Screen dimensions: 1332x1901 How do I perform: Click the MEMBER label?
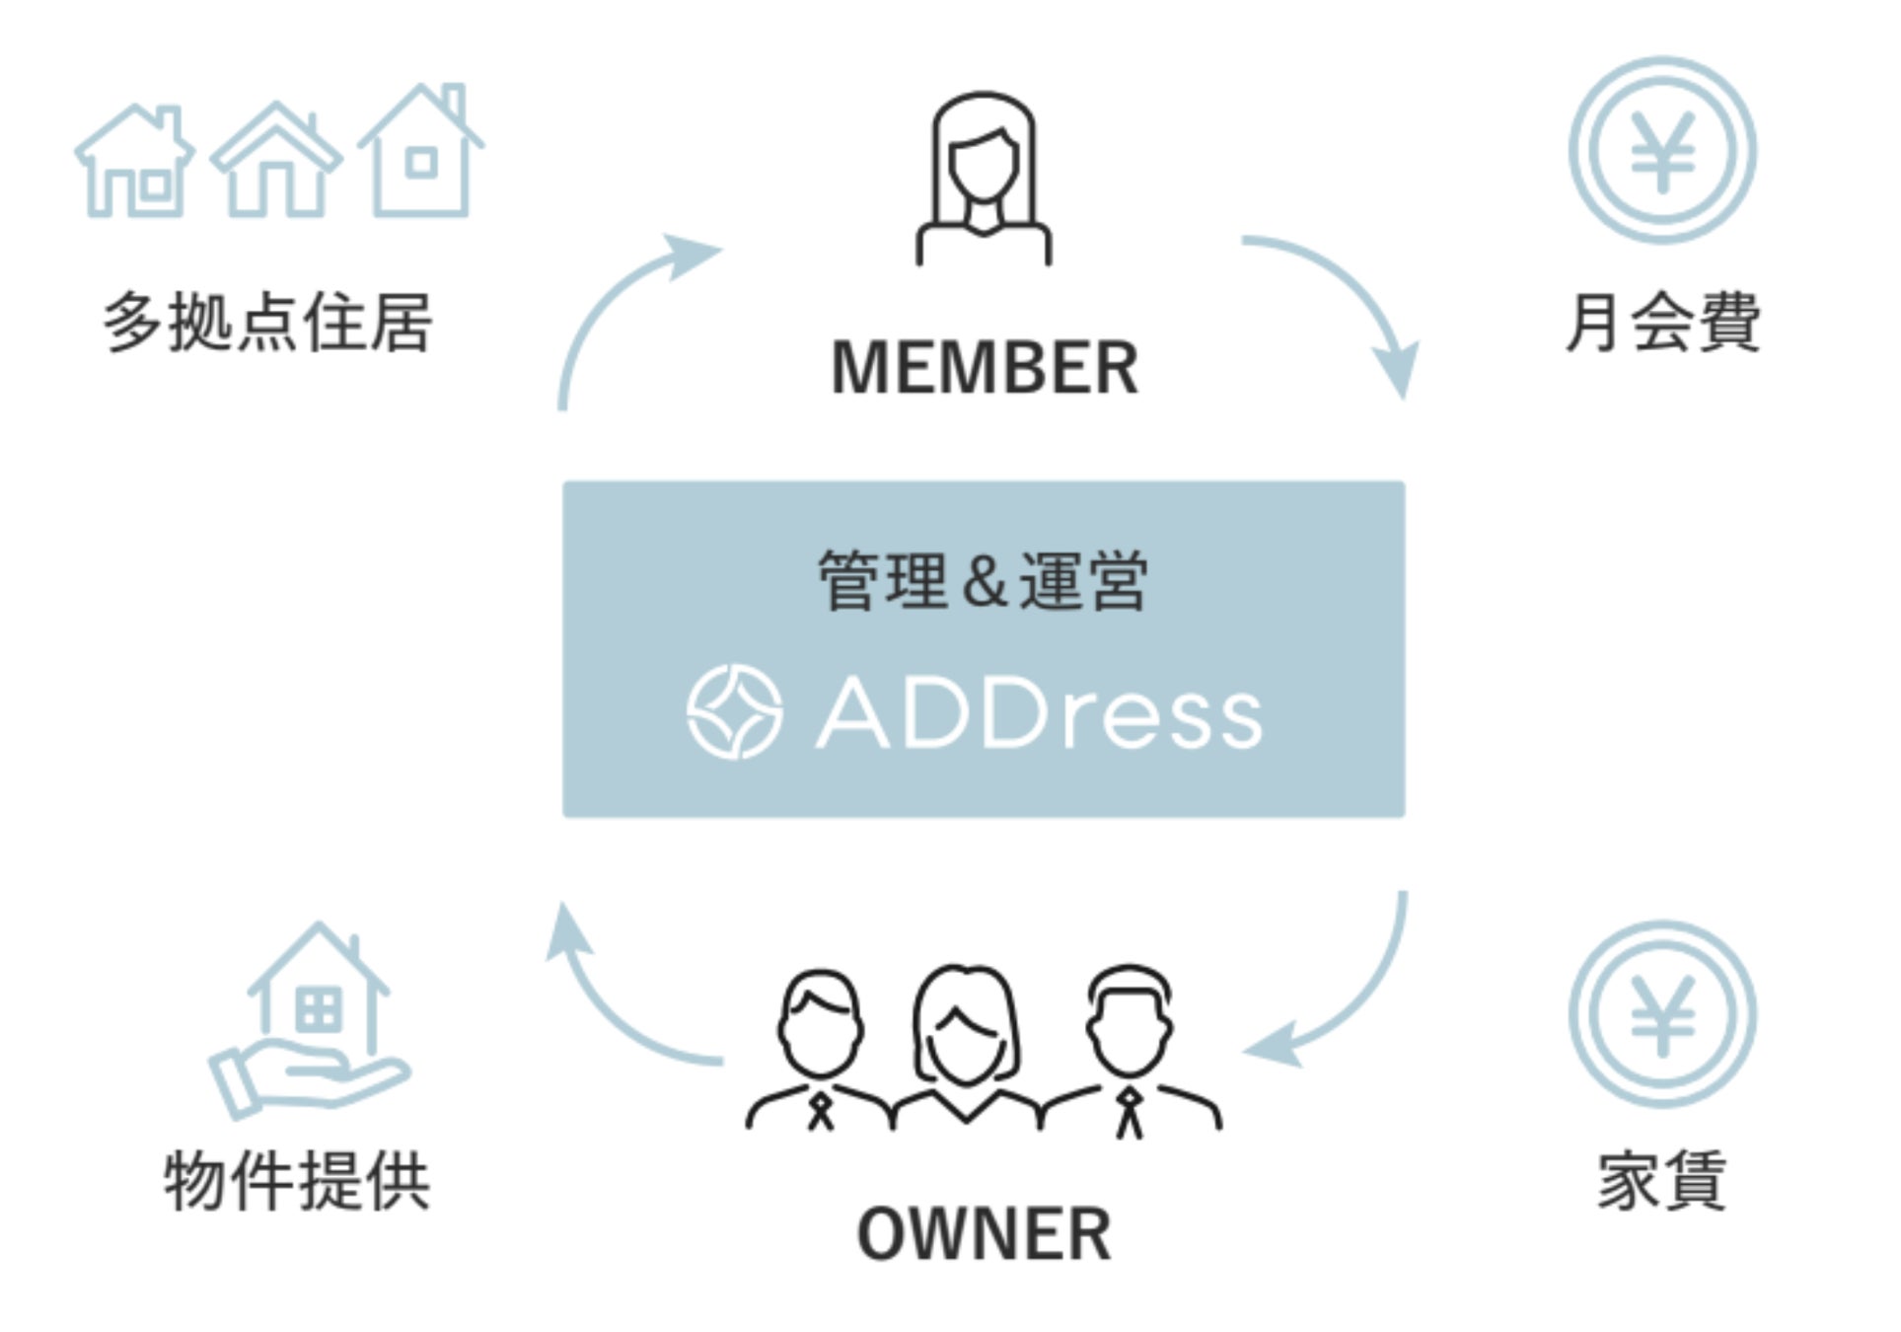(x=984, y=368)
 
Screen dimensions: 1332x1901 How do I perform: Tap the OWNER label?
(x=984, y=1234)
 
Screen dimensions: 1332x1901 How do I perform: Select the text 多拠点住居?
(x=267, y=323)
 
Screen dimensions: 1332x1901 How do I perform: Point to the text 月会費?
(x=1662, y=323)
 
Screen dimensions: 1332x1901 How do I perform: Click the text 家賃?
(x=1662, y=1180)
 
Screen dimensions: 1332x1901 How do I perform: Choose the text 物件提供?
(x=296, y=1180)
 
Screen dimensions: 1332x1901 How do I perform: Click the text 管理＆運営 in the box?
(x=983, y=581)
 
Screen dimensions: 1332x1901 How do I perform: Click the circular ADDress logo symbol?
(x=734, y=712)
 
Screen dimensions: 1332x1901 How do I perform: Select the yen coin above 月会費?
(x=1662, y=151)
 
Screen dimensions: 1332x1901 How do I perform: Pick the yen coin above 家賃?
(x=1662, y=1014)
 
